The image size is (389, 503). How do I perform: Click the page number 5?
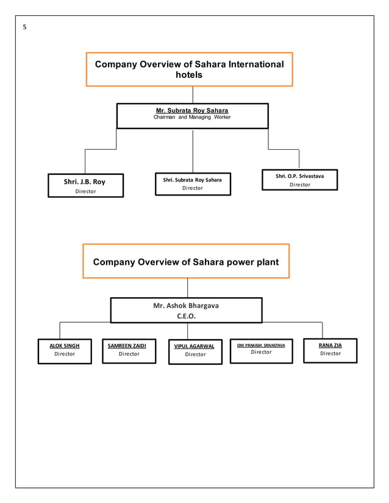point(24,27)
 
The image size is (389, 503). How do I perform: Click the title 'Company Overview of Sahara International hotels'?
point(189,69)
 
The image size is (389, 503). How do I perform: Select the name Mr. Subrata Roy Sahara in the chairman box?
point(192,110)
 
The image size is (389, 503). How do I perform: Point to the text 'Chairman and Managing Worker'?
point(192,117)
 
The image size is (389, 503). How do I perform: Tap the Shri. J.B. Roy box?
point(85,185)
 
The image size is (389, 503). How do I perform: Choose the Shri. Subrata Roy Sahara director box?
point(193,183)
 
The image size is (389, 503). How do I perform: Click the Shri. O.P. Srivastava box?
point(299,180)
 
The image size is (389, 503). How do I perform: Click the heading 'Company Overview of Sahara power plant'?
point(186,262)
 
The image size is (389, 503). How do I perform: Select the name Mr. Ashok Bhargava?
point(186,305)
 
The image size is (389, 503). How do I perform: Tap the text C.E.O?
point(186,316)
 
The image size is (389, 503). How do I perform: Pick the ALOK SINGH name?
point(65,345)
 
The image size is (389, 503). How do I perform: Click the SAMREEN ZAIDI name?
point(129,345)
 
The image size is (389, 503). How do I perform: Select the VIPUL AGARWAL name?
point(195,346)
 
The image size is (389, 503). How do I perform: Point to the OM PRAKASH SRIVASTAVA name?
point(261,345)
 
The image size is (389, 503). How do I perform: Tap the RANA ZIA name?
point(330,345)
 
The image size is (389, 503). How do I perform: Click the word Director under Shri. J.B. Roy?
point(85,192)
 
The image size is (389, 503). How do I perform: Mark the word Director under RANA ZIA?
point(330,353)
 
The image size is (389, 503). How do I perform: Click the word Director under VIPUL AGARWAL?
point(195,354)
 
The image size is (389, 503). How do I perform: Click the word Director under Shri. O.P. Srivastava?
point(299,185)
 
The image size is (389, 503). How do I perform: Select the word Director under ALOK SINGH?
point(65,353)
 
